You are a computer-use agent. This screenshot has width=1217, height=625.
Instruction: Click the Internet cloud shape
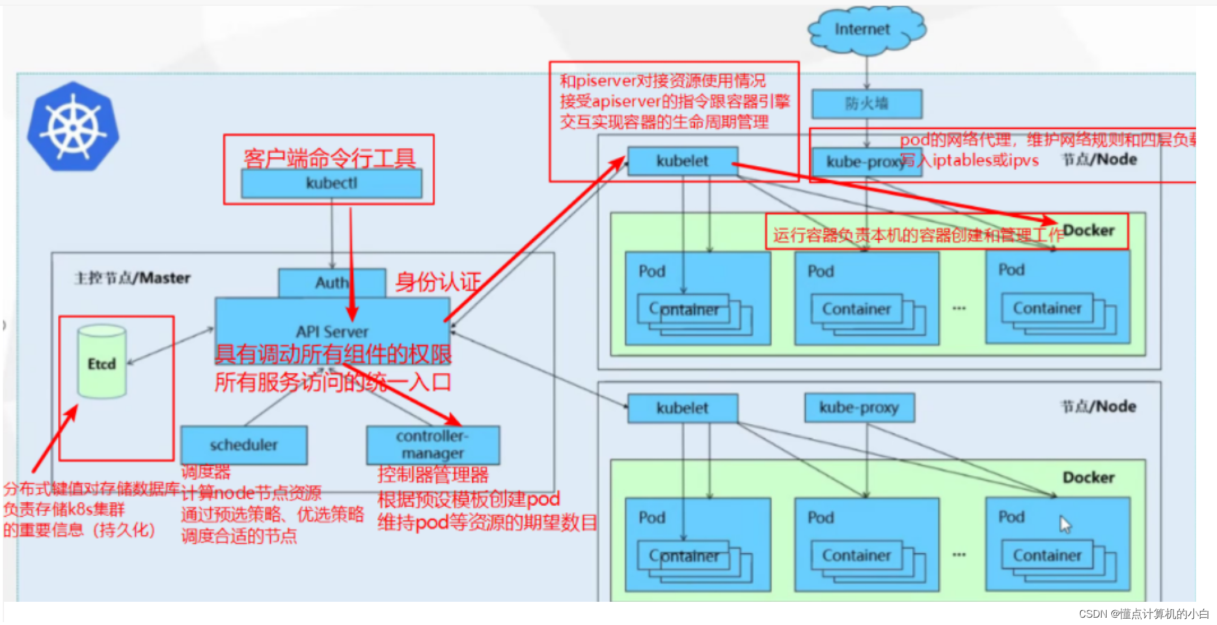tap(865, 29)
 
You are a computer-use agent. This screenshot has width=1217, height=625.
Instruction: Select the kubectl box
tap(331, 183)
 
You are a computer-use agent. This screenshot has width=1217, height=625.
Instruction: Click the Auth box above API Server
tap(331, 282)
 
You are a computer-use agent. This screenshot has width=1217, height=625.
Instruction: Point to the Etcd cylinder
tap(102, 362)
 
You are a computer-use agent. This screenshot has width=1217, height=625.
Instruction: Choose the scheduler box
tap(244, 445)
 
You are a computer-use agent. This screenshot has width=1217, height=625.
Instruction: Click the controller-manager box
tap(433, 445)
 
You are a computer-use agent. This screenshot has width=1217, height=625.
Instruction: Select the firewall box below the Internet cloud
tap(866, 104)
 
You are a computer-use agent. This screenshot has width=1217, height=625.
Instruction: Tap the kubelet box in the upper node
tap(682, 161)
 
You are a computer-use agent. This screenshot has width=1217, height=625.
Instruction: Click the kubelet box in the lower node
tap(682, 408)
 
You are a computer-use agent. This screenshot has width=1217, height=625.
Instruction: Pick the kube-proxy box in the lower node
tap(859, 407)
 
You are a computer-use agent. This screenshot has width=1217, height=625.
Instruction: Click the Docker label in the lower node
tap(1088, 478)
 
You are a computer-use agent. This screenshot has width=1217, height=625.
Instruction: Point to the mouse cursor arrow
tap(1065, 524)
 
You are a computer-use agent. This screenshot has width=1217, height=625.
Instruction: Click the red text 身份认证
tap(438, 282)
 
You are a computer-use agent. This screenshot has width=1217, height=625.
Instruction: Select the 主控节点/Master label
tap(132, 278)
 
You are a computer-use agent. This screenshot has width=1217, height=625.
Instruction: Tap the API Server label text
tap(332, 331)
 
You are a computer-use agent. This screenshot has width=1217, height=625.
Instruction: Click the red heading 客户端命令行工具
tap(330, 158)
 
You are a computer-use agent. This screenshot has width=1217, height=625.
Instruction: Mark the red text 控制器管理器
tap(433, 475)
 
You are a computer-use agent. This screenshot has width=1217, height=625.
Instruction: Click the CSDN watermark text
tap(1143, 614)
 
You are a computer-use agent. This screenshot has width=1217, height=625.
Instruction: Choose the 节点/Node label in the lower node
tap(1098, 407)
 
